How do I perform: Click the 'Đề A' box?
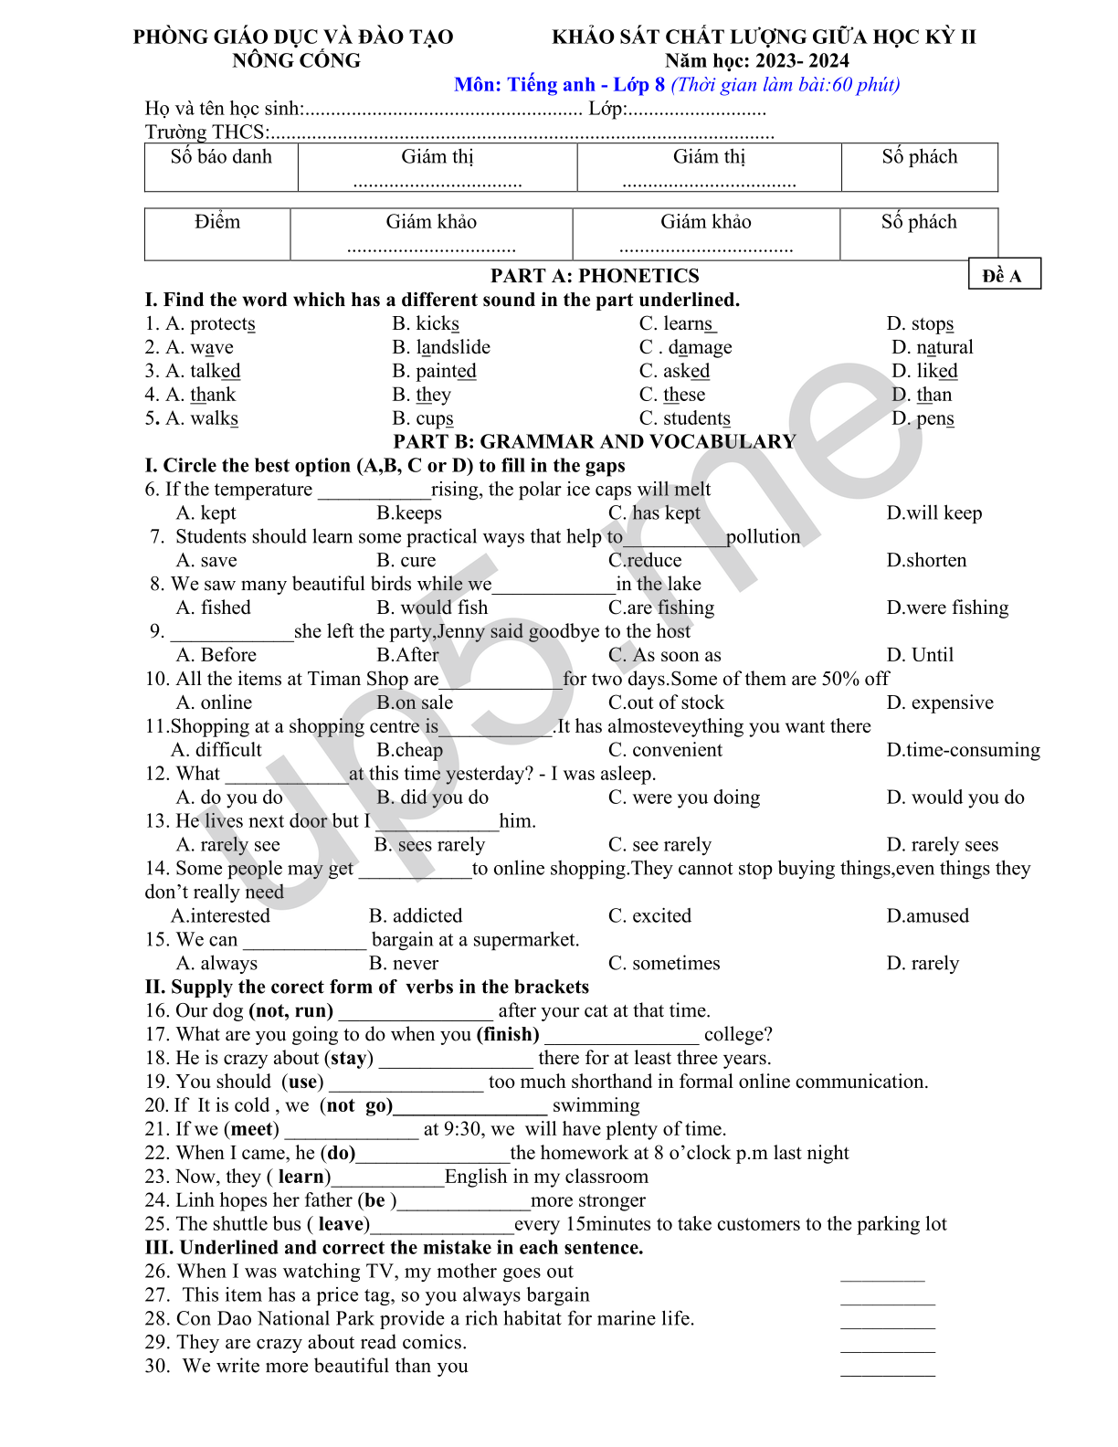(1003, 275)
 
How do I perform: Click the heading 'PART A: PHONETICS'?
(595, 276)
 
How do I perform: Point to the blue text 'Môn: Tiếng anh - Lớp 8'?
(559, 85)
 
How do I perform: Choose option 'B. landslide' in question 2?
(441, 347)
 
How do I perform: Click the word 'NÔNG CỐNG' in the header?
(296, 60)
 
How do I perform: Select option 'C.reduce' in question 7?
(645, 560)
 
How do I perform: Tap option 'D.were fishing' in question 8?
(947, 607)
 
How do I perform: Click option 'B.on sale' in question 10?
(415, 702)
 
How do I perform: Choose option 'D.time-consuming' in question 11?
(963, 750)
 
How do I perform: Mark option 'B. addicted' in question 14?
(416, 915)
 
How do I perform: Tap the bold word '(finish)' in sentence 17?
(508, 1034)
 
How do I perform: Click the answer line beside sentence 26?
(882, 1277)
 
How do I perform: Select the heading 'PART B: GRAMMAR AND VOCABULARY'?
(595, 442)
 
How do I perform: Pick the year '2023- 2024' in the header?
(804, 60)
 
